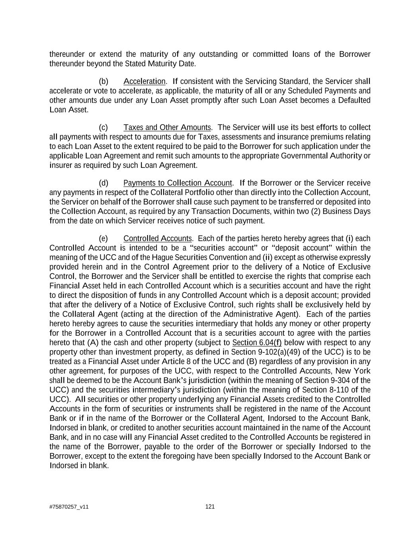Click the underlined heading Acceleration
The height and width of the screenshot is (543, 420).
[x=144, y=82]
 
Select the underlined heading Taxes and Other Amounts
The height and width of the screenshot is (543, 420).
[x=167, y=127]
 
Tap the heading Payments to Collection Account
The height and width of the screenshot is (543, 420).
[x=178, y=183]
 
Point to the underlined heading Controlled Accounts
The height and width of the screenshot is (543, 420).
[x=158, y=238]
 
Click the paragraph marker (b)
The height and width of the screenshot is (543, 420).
[x=104, y=82]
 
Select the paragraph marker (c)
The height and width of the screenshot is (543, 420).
[x=104, y=127]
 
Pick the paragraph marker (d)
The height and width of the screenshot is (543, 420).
[x=104, y=183]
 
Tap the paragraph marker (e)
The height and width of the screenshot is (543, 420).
[x=104, y=238]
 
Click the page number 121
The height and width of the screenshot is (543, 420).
[x=210, y=506]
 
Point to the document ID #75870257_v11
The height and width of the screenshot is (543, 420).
[x=69, y=507]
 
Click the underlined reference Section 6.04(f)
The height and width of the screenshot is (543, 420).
[x=257, y=343]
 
